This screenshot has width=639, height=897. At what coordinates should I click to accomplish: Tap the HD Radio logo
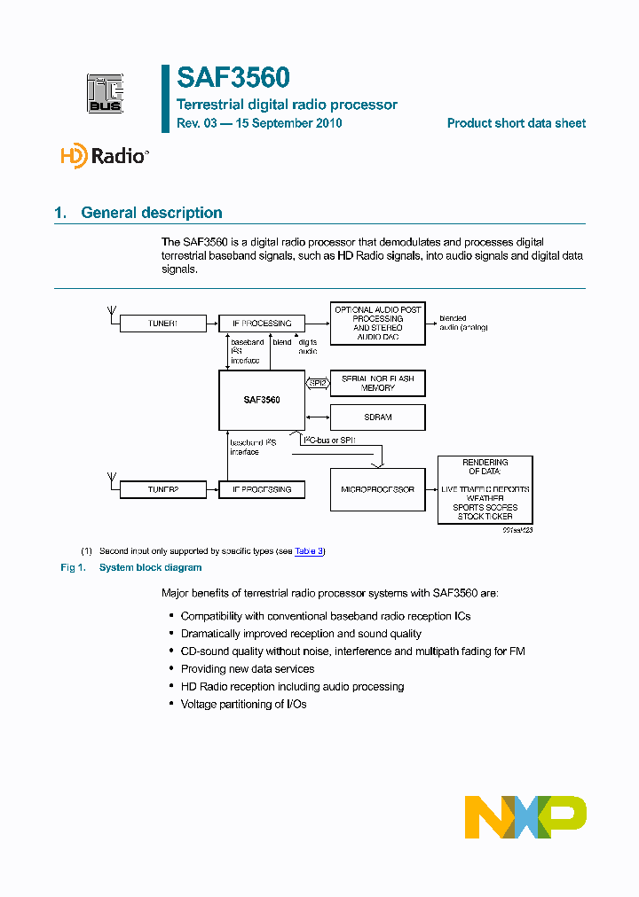pyautogui.click(x=104, y=156)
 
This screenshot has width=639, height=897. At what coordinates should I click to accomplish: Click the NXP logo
pyautogui.click(x=525, y=816)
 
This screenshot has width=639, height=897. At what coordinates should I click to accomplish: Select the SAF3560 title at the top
pyautogui.click(x=233, y=78)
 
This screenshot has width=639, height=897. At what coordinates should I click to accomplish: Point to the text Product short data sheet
pyautogui.click(x=516, y=123)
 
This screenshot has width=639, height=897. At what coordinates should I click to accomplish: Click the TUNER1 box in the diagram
pyautogui.click(x=162, y=324)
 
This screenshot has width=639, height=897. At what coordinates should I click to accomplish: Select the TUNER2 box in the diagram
pyautogui.click(x=162, y=489)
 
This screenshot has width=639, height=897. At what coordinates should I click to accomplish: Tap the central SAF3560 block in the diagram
pyautogui.click(x=262, y=401)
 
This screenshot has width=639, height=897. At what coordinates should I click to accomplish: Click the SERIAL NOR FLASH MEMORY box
pyautogui.click(x=377, y=384)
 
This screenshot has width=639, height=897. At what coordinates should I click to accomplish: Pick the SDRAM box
pyautogui.click(x=377, y=417)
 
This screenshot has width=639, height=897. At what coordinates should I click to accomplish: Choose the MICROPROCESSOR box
pyautogui.click(x=377, y=489)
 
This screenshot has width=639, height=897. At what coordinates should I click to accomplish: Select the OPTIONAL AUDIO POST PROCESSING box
pyautogui.click(x=377, y=324)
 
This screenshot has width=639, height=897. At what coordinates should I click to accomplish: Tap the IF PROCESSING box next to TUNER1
pyautogui.click(x=262, y=324)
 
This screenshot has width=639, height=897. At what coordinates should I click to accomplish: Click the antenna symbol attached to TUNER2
pyautogui.click(x=111, y=480)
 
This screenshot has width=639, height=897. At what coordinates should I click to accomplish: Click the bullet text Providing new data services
pyautogui.click(x=248, y=669)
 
